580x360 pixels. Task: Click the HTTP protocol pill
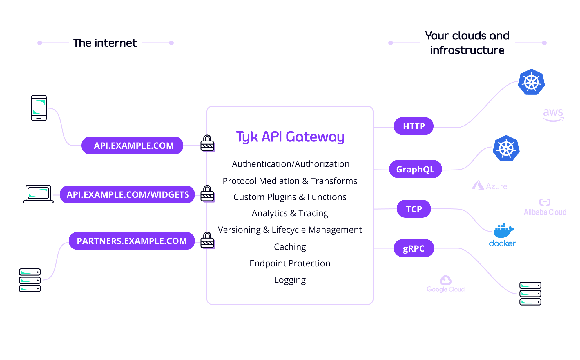tap(414, 126)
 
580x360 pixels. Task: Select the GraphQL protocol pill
tap(415, 169)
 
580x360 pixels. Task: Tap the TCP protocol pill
tap(414, 209)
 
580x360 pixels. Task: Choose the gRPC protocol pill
tap(414, 248)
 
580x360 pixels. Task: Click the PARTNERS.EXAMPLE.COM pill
tap(132, 241)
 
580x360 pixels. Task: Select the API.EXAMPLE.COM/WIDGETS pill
tap(127, 194)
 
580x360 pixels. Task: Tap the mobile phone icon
tap(39, 108)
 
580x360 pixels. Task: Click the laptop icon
tap(38, 194)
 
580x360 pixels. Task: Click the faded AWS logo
tap(553, 114)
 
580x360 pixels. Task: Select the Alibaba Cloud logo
tap(545, 208)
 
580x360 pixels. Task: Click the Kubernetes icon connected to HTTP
tap(531, 82)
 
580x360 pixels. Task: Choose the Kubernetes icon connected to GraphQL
tap(506, 148)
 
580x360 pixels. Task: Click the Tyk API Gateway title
tap(290, 137)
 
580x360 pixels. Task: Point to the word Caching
tap(290, 247)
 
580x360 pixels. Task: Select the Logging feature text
tap(290, 280)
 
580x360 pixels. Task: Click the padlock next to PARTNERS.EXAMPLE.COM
tap(207, 240)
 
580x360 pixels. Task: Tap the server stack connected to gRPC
tap(530, 293)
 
